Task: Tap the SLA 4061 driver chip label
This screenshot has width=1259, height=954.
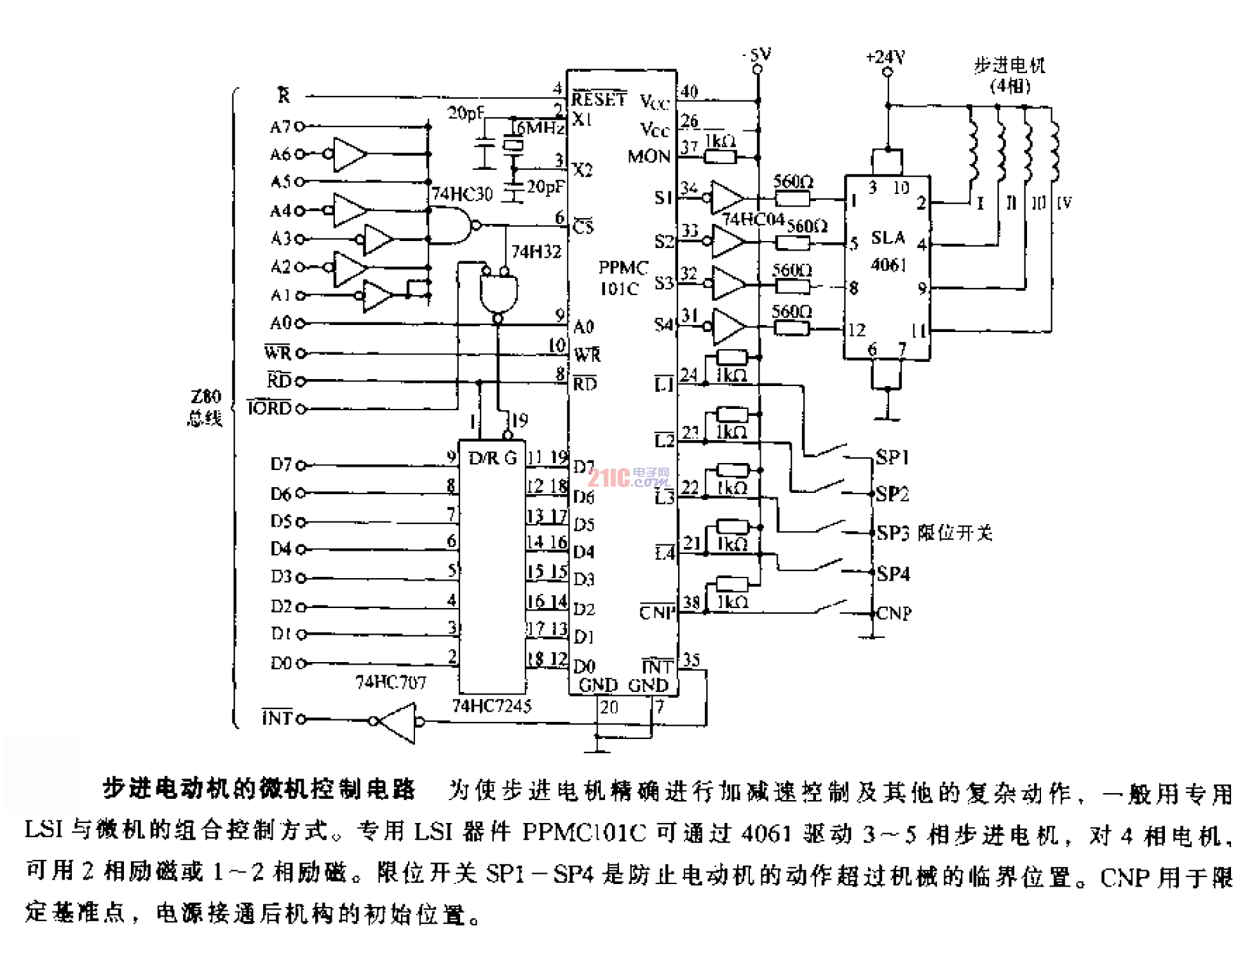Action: point(888,251)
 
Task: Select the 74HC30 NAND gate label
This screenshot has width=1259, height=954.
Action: point(462,194)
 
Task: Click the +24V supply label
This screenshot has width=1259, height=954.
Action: point(885,57)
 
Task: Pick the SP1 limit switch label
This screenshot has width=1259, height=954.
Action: point(892,457)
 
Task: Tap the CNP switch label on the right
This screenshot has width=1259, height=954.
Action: point(894,613)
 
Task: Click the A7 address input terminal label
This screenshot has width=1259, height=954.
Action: point(280,127)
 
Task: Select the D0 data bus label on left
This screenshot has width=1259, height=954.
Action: point(281,663)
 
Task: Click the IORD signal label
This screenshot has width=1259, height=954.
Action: point(269,408)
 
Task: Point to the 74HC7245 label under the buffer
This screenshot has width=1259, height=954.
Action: point(491,706)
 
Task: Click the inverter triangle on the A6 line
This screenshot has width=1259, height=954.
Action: point(349,154)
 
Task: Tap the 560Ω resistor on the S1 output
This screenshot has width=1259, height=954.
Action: point(792,199)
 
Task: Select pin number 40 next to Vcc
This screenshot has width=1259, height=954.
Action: point(690,92)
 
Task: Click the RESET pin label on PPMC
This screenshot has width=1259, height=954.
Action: point(598,99)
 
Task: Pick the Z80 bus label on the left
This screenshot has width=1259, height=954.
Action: point(205,407)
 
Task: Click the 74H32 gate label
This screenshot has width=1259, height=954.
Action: point(536,252)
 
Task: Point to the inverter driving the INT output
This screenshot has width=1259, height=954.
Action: point(398,722)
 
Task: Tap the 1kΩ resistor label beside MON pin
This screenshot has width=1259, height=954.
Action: point(721,141)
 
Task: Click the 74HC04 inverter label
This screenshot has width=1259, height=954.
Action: point(753,220)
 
